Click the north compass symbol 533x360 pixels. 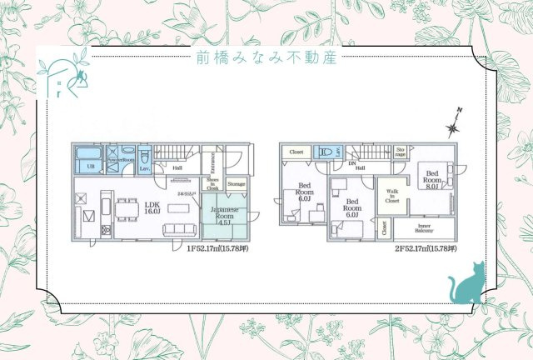(x=453, y=127)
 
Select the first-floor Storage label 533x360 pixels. (x=237, y=184)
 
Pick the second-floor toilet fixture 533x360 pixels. (x=328, y=152)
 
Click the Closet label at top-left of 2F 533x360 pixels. (x=296, y=152)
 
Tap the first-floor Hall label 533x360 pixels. (x=177, y=167)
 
